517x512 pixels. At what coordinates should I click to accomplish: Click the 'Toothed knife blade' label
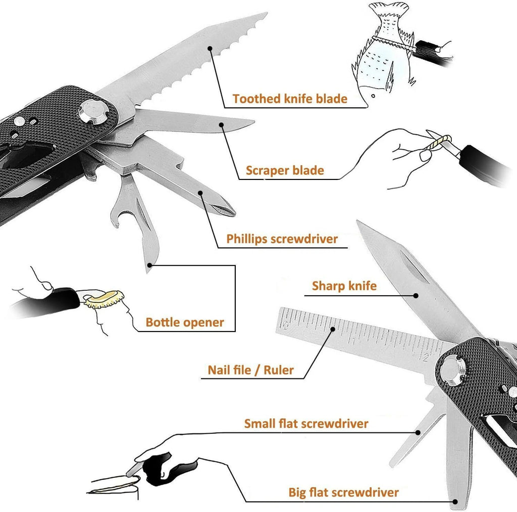pos(290,98)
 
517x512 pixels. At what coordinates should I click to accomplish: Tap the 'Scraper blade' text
pos(285,170)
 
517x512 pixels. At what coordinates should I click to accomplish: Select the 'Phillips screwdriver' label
pos(282,238)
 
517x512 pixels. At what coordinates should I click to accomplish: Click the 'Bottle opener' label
pos(184,322)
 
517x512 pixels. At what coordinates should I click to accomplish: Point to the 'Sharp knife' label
pos(344,286)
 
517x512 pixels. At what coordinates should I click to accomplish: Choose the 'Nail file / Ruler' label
pos(250,370)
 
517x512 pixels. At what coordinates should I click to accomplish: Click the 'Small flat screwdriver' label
pos(306,423)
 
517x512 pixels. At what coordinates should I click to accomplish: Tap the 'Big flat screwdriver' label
pos(343,492)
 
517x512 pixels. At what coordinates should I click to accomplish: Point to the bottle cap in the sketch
pos(106,300)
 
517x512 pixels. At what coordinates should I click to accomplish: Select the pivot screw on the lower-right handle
pos(451,371)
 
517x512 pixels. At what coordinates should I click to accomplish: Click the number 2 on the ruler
pos(427,357)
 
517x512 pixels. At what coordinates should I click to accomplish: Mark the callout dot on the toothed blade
pos(210,49)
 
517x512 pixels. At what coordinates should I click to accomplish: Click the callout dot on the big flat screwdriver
pos(455,501)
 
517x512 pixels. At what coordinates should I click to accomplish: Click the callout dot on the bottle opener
pos(149,264)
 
